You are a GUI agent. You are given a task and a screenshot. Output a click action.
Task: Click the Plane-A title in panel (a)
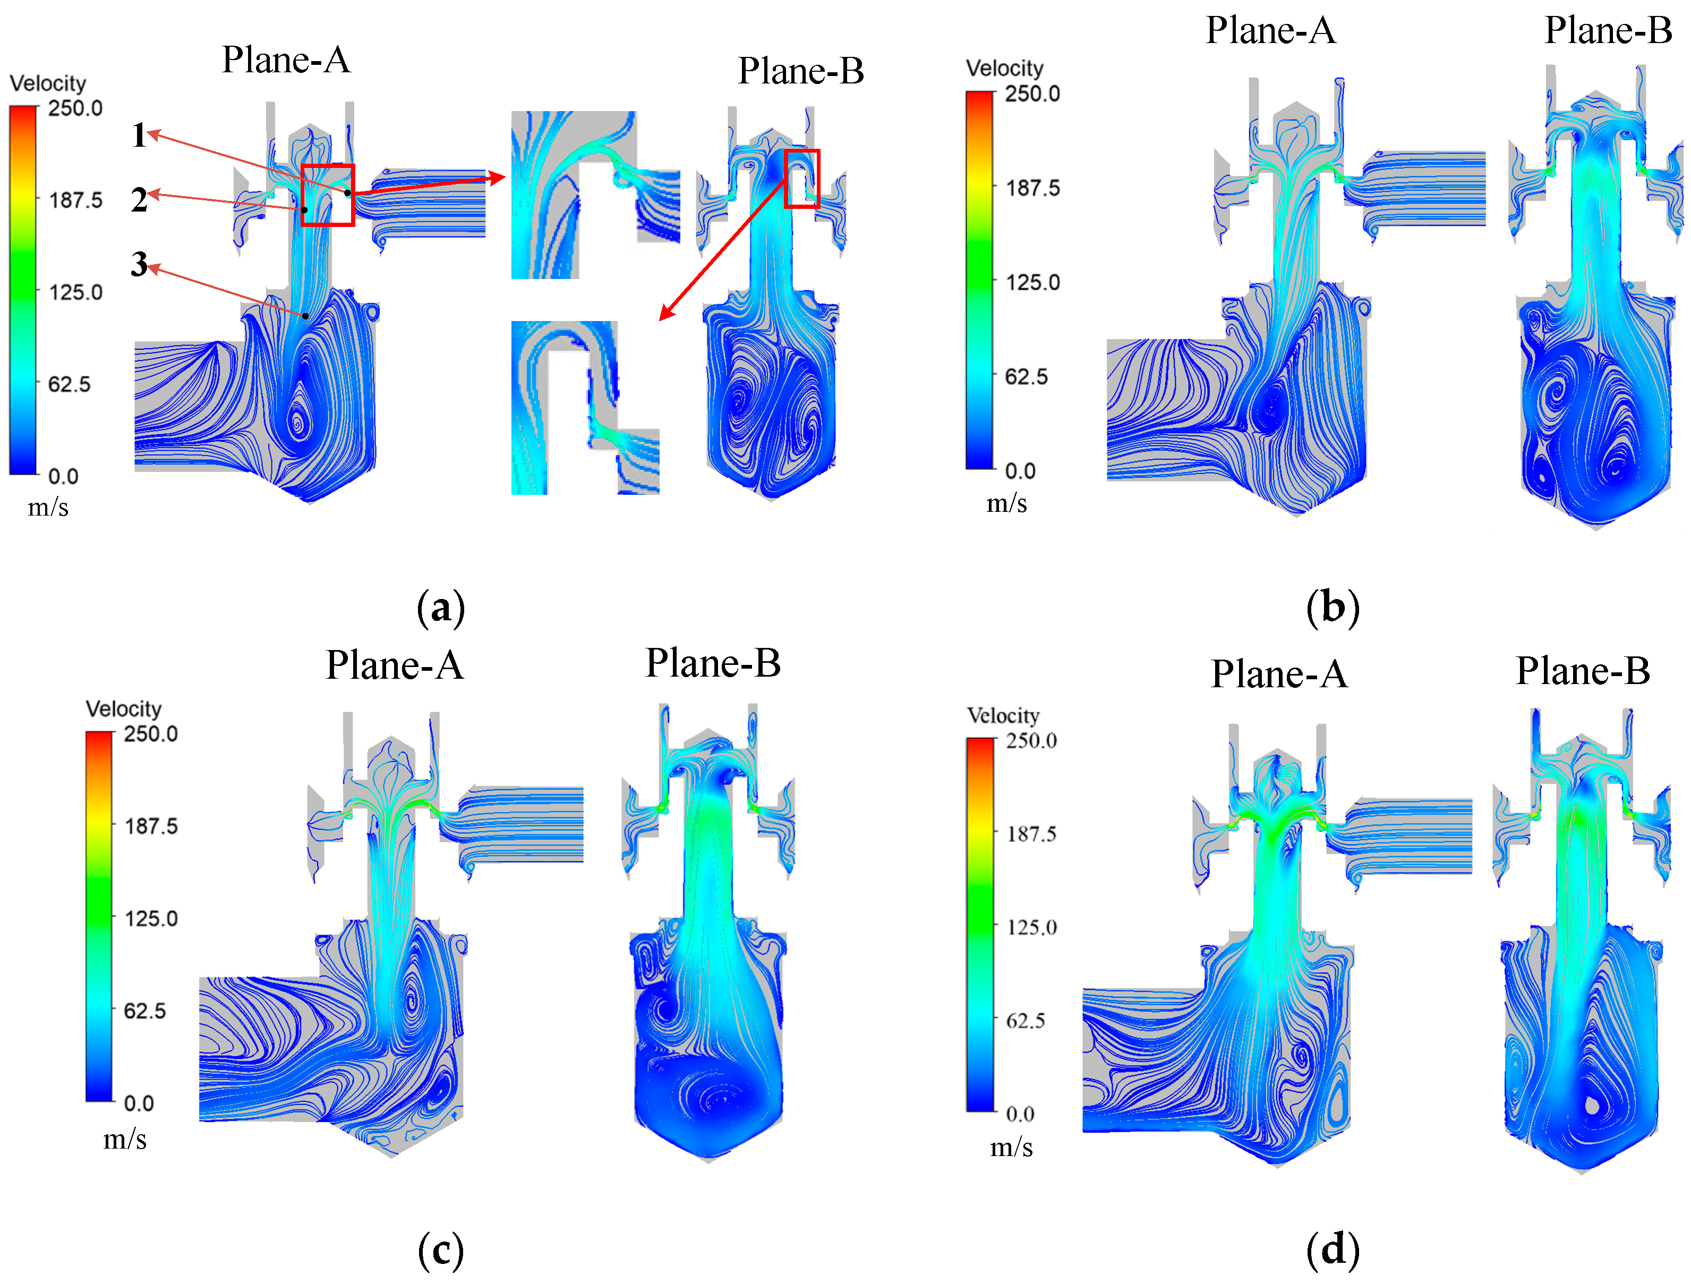coord(286,60)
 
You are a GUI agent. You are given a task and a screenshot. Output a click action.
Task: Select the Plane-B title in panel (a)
coord(801,71)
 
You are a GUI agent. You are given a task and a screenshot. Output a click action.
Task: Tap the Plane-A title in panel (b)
coord(1270,31)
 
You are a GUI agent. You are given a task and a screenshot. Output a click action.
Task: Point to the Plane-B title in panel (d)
coord(1583,671)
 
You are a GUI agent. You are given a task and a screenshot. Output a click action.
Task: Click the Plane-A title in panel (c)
coord(395,665)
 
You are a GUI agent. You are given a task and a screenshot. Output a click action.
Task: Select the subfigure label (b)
coord(1333,608)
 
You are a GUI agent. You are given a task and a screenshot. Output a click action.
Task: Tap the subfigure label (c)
coord(441,1251)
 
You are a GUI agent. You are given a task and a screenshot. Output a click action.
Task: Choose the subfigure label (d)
coord(1333,1251)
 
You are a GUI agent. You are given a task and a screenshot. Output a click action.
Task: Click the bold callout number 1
coord(139,136)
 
